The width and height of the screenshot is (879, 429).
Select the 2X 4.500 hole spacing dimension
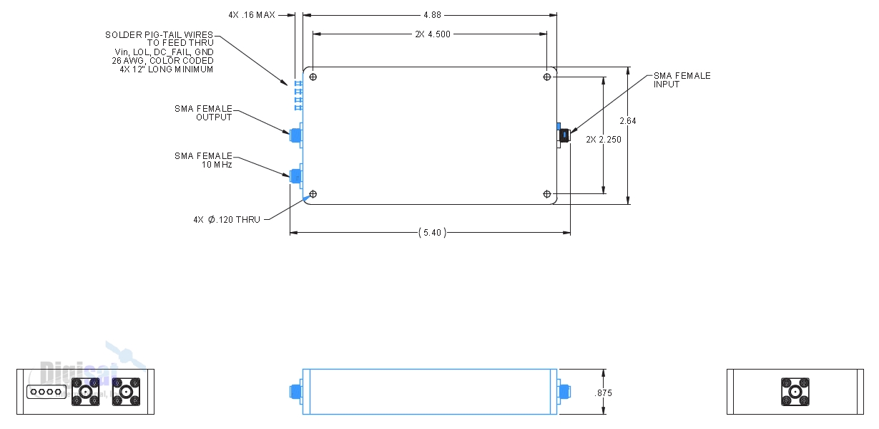point(433,34)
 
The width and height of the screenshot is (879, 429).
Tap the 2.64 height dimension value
point(628,121)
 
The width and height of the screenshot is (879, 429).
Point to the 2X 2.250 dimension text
point(604,140)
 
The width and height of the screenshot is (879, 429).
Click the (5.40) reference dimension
point(431,233)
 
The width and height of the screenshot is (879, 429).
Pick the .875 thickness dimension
point(604,393)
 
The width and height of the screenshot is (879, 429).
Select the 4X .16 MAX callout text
point(252,14)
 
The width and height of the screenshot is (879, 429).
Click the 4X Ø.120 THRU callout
point(227,220)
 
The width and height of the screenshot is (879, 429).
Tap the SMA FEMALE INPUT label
point(682,80)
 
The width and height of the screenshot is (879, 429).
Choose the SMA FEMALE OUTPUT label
point(204,113)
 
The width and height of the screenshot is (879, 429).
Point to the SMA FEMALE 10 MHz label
point(204,160)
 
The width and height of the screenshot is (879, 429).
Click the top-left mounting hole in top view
point(313,77)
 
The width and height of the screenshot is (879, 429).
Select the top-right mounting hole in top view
point(547,77)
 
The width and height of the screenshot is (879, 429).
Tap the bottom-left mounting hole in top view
point(313,195)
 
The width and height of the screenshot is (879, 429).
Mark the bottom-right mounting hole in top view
point(547,195)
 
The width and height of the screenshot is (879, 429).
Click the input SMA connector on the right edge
point(564,135)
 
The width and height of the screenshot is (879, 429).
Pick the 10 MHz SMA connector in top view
point(295,175)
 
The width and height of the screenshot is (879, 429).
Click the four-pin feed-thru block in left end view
point(46,392)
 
